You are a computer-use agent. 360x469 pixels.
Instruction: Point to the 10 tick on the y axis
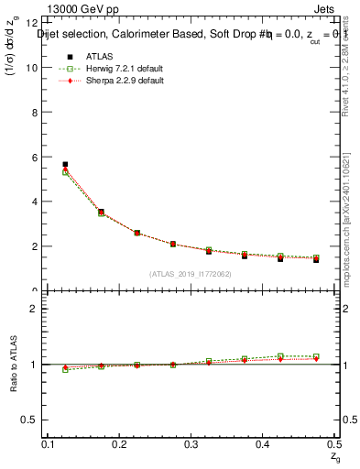(34, 68)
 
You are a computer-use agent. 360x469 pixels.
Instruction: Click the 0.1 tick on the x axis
(50, 443)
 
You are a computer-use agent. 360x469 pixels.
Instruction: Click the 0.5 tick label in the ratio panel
(34, 420)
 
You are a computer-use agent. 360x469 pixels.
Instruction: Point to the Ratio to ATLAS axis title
(14, 365)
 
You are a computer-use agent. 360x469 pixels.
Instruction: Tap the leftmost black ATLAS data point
(65, 165)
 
